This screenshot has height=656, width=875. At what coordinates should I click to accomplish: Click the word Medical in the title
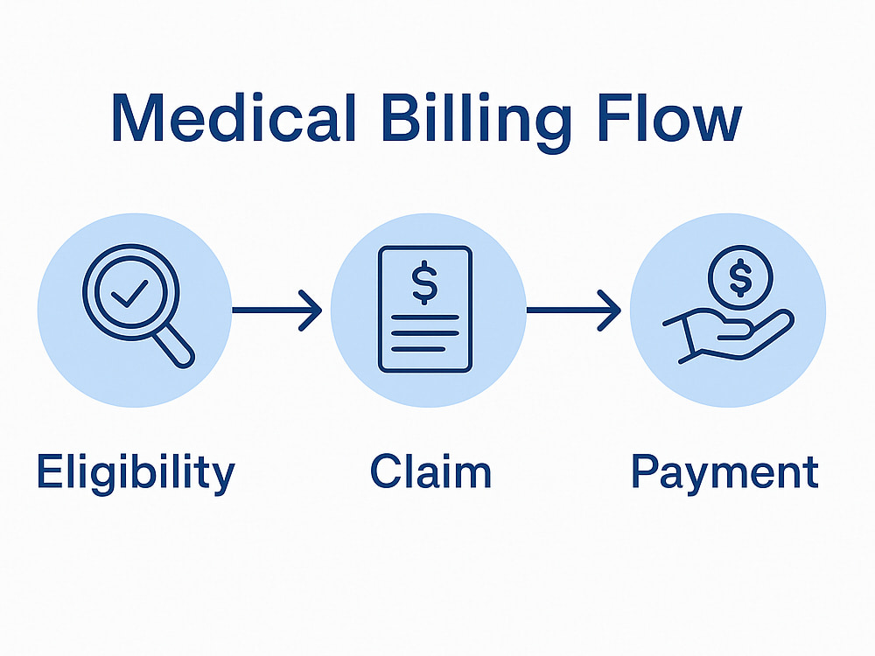(234, 118)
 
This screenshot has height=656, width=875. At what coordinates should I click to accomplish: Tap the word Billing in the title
(477, 122)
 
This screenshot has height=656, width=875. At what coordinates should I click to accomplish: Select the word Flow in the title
(669, 118)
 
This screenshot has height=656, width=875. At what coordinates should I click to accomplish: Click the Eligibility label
(136, 473)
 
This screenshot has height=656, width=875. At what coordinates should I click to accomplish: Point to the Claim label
(430, 471)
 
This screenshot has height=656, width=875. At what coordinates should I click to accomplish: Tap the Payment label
(724, 473)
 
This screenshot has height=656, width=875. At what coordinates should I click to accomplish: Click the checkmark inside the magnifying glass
(129, 293)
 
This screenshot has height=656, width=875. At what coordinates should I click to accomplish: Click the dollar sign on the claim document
(424, 283)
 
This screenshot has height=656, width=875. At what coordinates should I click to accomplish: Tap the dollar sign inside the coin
(740, 277)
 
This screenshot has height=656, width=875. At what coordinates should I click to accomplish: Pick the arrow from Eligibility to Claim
(277, 311)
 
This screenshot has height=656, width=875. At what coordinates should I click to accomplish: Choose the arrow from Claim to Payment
(574, 311)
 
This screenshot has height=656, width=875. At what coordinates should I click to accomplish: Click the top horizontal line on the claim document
(425, 318)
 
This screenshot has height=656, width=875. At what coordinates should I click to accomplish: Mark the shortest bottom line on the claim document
(418, 349)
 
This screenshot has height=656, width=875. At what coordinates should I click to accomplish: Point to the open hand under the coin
(728, 337)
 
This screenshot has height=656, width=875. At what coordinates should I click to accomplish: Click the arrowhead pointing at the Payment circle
(610, 311)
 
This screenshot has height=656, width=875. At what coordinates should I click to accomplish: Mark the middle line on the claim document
(425, 333)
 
